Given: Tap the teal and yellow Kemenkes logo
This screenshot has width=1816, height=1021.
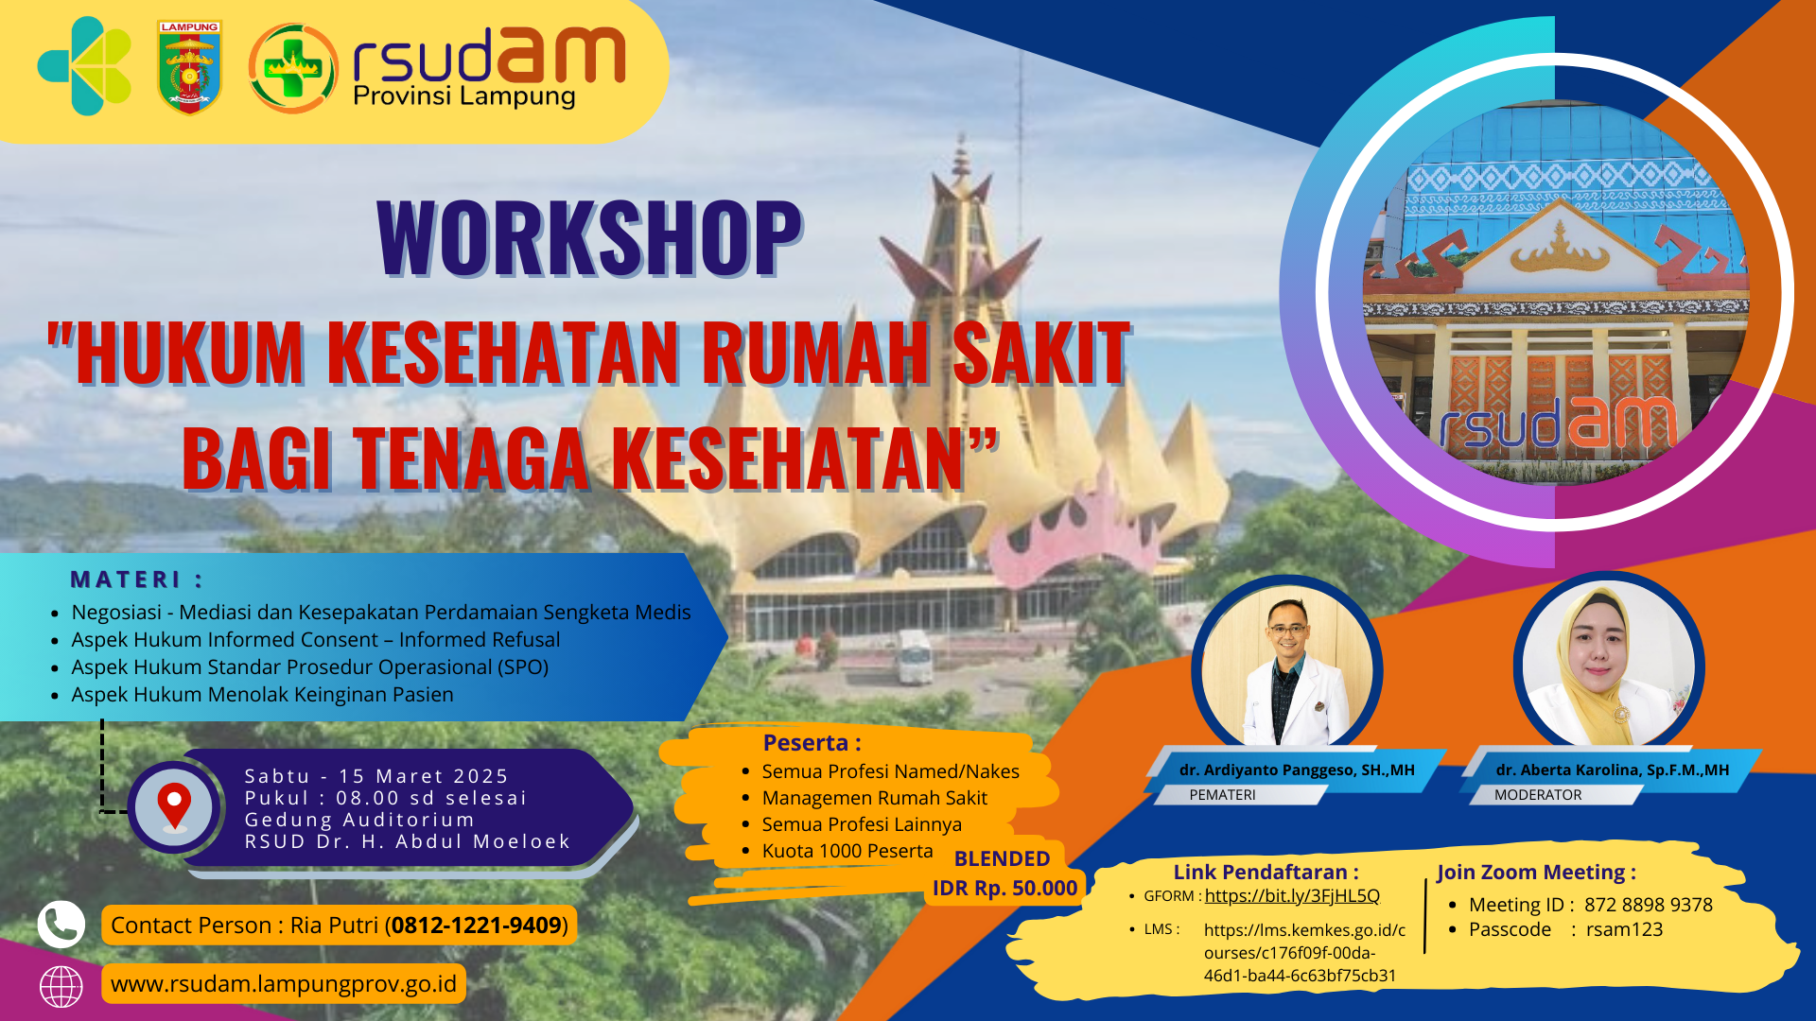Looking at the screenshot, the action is pos(84,66).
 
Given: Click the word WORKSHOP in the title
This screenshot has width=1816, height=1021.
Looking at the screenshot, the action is pos(589,237).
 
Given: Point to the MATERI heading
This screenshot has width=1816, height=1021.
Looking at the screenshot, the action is pos(137,580).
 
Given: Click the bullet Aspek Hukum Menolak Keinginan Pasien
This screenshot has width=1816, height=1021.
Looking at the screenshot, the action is pos(262,695).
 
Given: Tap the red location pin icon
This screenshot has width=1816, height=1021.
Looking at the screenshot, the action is pos(174,806).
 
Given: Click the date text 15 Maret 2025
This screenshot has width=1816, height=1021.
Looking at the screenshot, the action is pos(424,776).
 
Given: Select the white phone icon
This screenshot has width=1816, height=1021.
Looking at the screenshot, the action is pos(61,925).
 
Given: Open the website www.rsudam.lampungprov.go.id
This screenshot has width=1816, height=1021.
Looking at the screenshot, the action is pos(284,984).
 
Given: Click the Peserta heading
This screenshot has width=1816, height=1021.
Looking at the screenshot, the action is pos(812,743).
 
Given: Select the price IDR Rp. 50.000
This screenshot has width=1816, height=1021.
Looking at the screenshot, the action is pos(1004,888).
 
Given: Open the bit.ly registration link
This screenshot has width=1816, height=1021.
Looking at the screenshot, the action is pos(1292,896).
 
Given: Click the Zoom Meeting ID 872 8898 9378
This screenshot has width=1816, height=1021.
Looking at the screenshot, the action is pos(1649,905).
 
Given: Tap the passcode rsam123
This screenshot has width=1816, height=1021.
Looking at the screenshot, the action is pos(1624,929).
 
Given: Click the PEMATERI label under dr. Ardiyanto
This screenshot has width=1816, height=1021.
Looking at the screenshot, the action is pos(1222,795).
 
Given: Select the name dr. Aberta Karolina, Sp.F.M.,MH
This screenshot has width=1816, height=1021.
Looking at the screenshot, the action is pos(1613,770).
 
